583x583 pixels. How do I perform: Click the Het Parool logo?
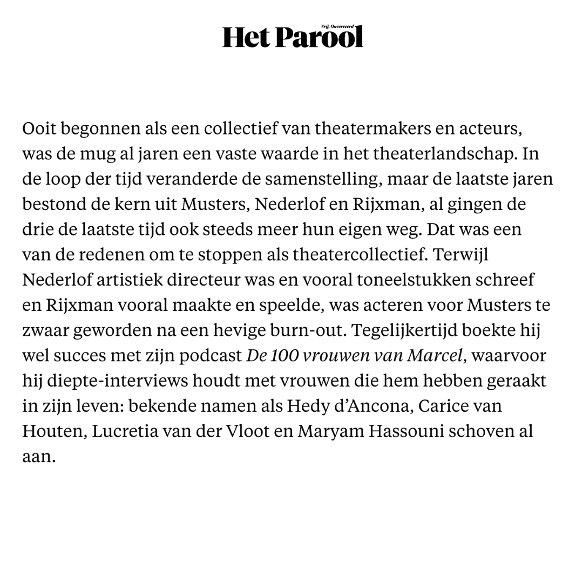(x=292, y=37)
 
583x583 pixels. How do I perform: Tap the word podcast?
(x=211, y=356)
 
